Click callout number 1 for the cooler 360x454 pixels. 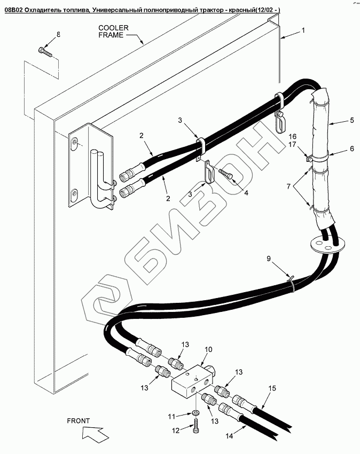click(303, 30)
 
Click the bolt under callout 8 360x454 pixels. click(44, 51)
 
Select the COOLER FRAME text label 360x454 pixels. click(111, 31)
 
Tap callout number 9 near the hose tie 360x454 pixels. click(269, 259)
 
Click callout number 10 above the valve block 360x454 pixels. click(208, 349)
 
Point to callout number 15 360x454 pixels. click(272, 388)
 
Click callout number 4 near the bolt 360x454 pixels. click(231, 193)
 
